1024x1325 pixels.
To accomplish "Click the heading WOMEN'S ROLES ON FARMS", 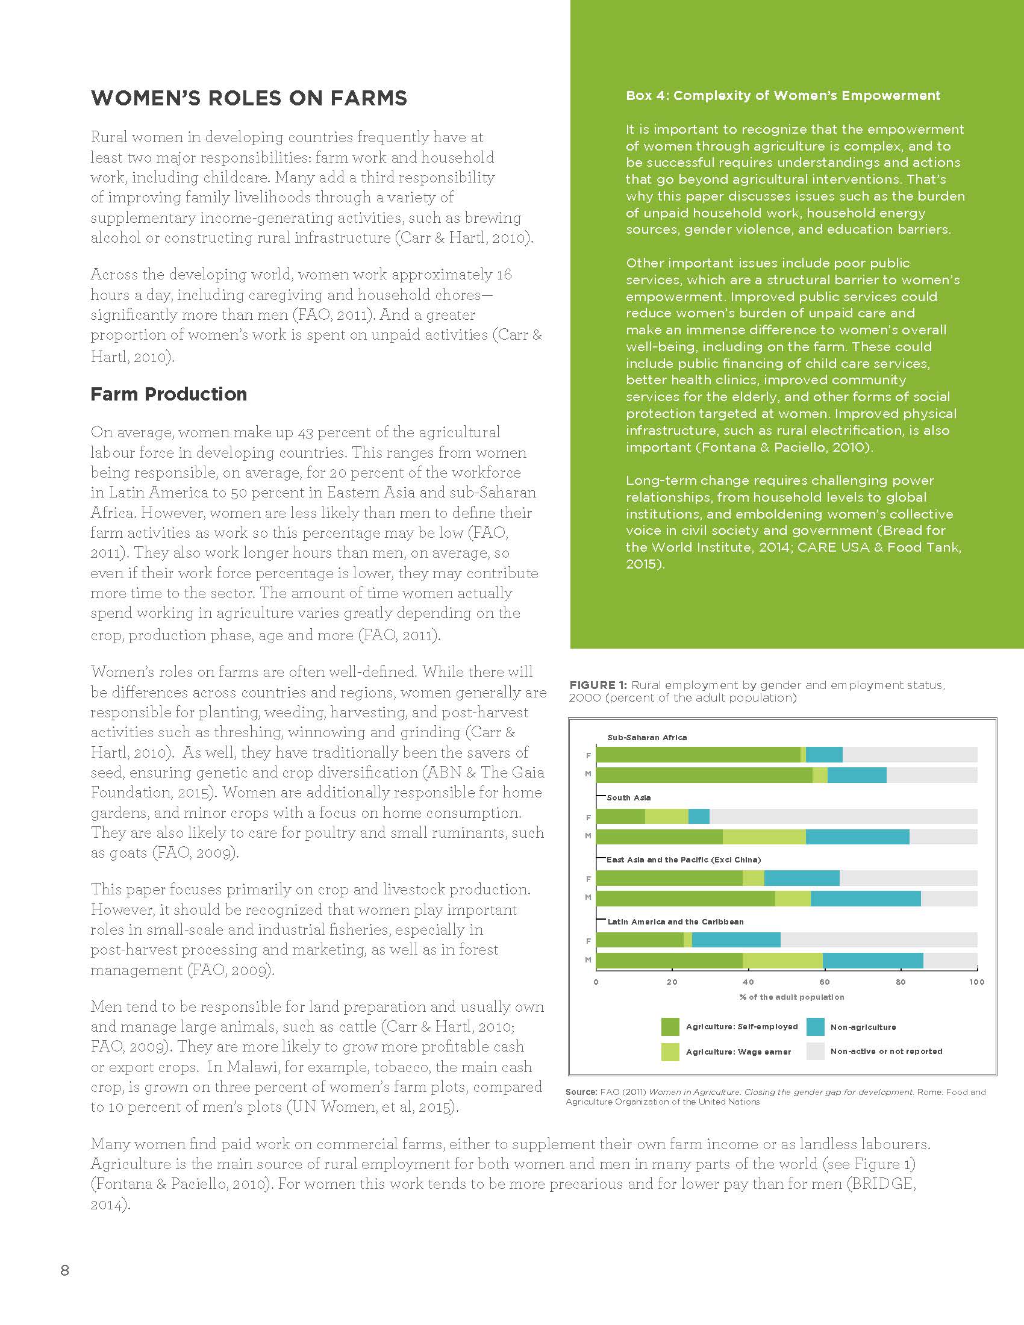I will (249, 98).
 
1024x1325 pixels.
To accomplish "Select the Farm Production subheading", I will (169, 394).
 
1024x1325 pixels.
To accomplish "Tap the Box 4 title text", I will (782, 95).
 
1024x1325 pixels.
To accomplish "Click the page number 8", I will (65, 1270).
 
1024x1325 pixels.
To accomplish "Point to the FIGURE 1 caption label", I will (598, 685).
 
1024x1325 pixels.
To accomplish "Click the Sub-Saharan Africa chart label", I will (647, 737).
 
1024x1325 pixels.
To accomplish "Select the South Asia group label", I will (628, 797).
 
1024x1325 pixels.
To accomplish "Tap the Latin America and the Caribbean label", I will (675, 921).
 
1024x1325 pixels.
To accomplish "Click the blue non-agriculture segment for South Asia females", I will (699, 817).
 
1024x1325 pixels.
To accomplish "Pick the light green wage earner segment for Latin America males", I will (782, 961).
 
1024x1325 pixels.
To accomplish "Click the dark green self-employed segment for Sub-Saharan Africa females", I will (698, 755).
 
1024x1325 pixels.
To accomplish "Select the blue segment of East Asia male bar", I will (865, 899).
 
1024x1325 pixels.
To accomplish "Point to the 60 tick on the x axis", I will (825, 982).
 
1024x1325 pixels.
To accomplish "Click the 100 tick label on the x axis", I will (976, 982).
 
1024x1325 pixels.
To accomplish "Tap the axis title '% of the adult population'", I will (791, 997).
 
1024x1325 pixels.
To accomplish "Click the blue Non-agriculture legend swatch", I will (816, 1026).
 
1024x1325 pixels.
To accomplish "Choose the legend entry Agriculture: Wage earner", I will (738, 1052).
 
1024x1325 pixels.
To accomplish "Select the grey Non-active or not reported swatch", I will (816, 1052).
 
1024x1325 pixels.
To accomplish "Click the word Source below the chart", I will (581, 1092).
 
